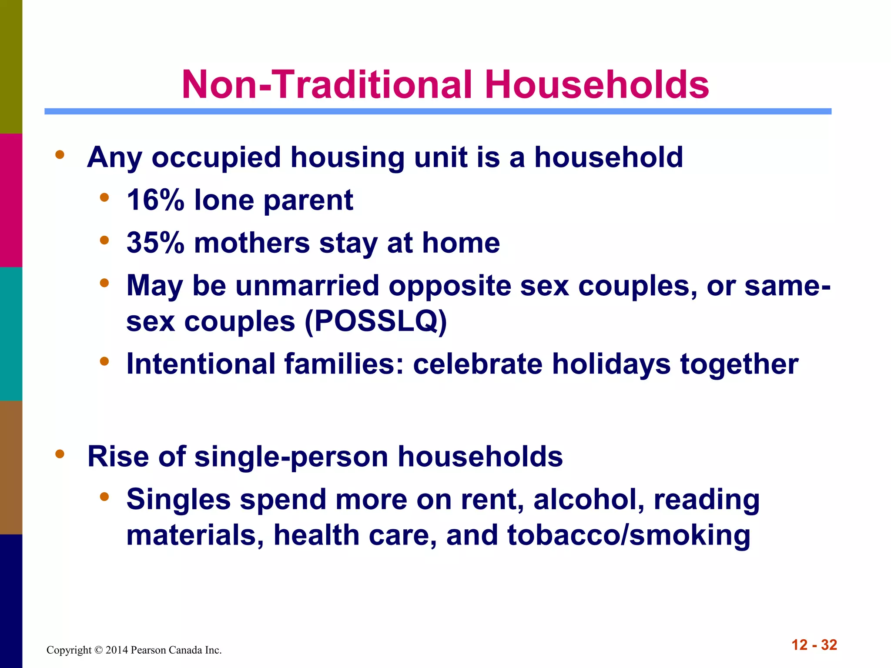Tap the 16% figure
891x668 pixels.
coord(155,200)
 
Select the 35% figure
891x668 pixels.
coord(155,243)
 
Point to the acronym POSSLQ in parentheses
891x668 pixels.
coord(376,322)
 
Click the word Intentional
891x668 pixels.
coord(201,364)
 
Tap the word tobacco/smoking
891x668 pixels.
coord(629,535)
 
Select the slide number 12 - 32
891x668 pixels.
coord(814,645)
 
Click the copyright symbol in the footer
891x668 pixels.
coord(98,650)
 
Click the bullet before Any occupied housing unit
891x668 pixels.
coord(60,155)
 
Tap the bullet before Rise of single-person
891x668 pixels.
coord(60,454)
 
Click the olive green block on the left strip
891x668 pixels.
coord(11,67)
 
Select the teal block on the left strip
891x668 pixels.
coord(11,334)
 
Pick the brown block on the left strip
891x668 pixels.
coord(11,468)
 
